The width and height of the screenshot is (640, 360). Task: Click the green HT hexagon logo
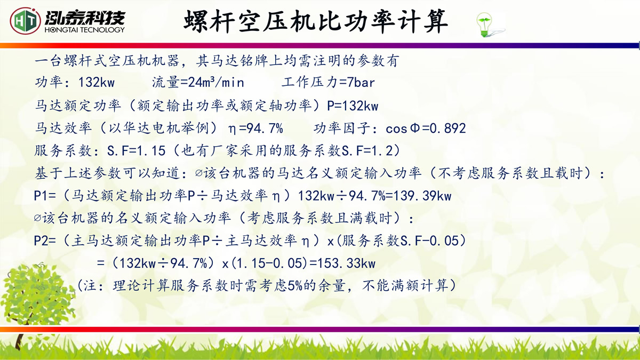pyautogui.click(x=25, y=21)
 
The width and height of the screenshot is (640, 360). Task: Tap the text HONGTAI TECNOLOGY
pyautogui.click(x=85, y=30)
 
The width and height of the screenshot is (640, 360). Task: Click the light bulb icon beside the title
pyautogui.click(x=485, y=25)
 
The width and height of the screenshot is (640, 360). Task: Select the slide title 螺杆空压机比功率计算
pyautogui.click(x=315, y=21)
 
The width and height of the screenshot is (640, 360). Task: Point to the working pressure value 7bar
pyautogui.click(x=361, y=83)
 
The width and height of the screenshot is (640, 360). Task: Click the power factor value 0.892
pyautogui.click(x=447, y=129)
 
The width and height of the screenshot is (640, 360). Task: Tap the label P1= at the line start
pyautogui.click(x=45, y=196)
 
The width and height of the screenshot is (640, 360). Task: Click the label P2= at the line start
pyautogui.click(x=45, y=241)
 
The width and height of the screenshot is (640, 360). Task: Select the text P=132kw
pyautogui.click(x=353, y=106)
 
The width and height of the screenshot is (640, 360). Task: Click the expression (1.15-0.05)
pyautogui.click(x=269, y=263)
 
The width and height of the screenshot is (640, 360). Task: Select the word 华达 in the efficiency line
pyautogui.click(x=131, y=128)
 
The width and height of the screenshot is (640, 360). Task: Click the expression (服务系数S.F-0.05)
pyautogui.click(x=402, y=241)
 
